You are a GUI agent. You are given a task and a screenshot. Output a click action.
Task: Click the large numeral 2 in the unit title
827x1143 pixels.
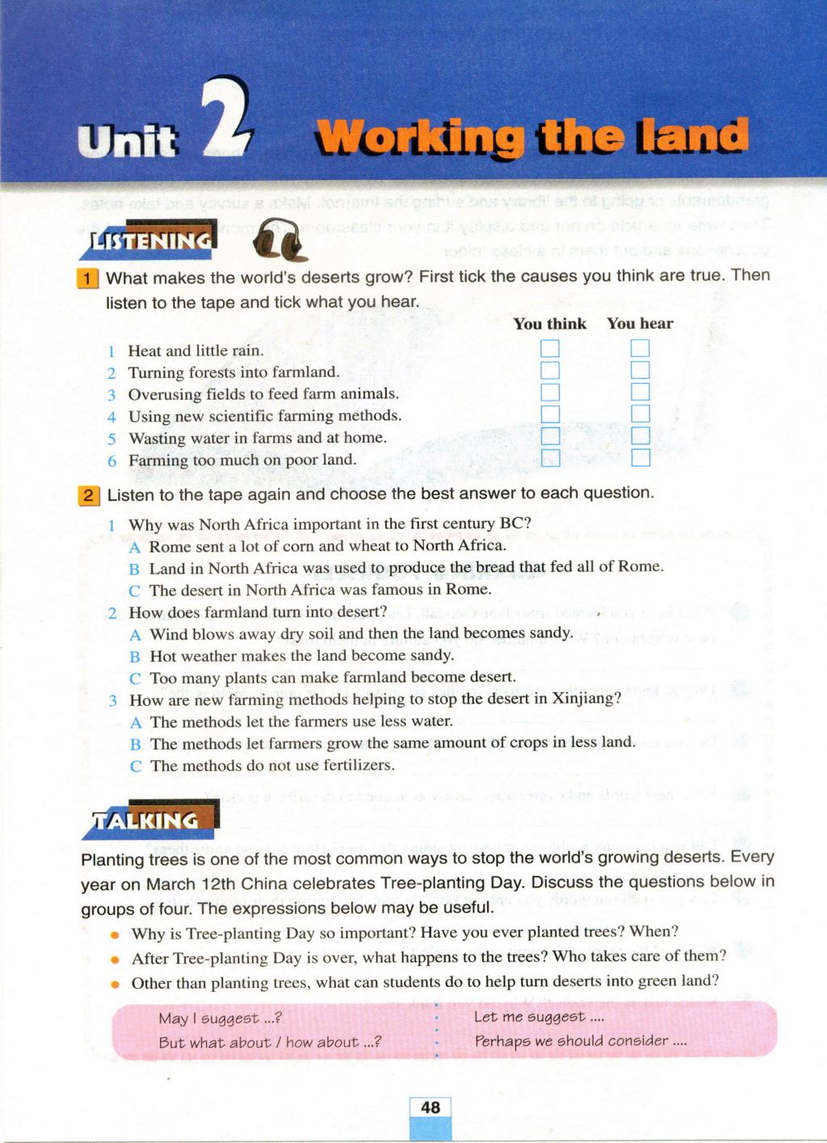(x=226, y=117)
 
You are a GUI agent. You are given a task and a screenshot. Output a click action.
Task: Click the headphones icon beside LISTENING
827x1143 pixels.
(x=279, y=240)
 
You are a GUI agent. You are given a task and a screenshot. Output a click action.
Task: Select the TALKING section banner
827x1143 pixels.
(x=149, y=821)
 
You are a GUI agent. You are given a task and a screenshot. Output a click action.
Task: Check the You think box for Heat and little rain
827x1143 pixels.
(x=550, y=349)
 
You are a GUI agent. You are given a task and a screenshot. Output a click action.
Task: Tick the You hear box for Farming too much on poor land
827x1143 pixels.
(x=640, y=458)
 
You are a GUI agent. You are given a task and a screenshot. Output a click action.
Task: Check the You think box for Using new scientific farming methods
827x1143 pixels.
(x=550, y=414)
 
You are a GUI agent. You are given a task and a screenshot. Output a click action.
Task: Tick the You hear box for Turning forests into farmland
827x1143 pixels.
(x=640, y=371)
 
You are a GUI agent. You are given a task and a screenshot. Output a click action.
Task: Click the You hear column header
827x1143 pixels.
(x=640, y=324)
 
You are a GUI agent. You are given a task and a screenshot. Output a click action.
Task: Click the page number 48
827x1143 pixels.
(x=430, y=1107)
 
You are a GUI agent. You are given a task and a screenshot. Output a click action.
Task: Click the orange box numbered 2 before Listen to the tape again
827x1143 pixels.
(x=89, y=495)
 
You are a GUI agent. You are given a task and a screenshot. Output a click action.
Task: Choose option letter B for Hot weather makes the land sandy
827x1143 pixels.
(x=135, y=657)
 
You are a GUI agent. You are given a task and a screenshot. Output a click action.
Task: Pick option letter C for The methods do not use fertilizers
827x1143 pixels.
(x=135, y=766)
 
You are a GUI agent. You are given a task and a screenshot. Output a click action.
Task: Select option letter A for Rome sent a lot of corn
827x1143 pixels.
(x=134, y=548)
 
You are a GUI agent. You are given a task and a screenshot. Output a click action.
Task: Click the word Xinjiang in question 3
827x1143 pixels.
(x=586, y=699)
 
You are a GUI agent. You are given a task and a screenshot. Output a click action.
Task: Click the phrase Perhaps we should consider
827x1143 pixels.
(x=579, y=1041)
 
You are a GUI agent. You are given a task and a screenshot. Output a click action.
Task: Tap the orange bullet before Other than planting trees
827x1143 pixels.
(x=115, y=984)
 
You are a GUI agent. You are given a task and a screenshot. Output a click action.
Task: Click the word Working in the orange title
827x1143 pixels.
(x=419, y=137)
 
